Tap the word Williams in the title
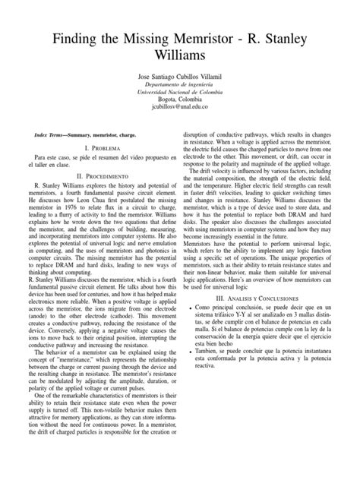point(180,58)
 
